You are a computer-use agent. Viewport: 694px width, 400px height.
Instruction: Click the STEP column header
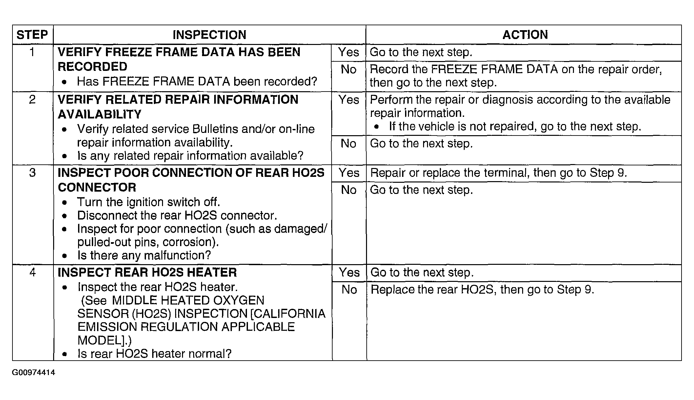click(x=32, y=35)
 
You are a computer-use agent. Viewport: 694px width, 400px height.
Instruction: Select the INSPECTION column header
click(x=209, y=35)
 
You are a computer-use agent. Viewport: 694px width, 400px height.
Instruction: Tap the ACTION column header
click(x=525, y=35)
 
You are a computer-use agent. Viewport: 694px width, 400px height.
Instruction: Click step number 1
click(x=32, y=52)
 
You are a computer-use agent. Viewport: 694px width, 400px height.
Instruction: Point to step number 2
click(x=32, y=99)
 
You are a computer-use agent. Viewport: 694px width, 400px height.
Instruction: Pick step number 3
click(x=32, y=173)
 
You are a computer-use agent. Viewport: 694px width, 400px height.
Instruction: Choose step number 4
click(x=32, y=272)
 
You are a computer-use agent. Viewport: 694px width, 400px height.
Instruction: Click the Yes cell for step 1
click(x=349, y=52)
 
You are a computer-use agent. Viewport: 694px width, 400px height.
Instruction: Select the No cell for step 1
click(x=349, y=69)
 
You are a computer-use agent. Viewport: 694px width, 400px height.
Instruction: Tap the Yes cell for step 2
click(x=349, y=99)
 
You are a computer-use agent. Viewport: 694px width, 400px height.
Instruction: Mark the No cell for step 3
click(x=349, y=190)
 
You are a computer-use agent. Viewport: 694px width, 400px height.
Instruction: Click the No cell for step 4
click(x=349, y=289)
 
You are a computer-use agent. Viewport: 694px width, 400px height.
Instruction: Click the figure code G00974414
click(x=33, y=373)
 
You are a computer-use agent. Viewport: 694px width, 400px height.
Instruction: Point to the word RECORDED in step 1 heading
click(x=92, y=67)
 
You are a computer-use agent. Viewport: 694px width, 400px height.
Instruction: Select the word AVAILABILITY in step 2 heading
click(x=99, y=114)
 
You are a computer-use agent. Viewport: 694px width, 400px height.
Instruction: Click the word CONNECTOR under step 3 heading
click(x=97, y=187)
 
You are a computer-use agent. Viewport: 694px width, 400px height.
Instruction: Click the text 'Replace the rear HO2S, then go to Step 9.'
click(x=482, y=289)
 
